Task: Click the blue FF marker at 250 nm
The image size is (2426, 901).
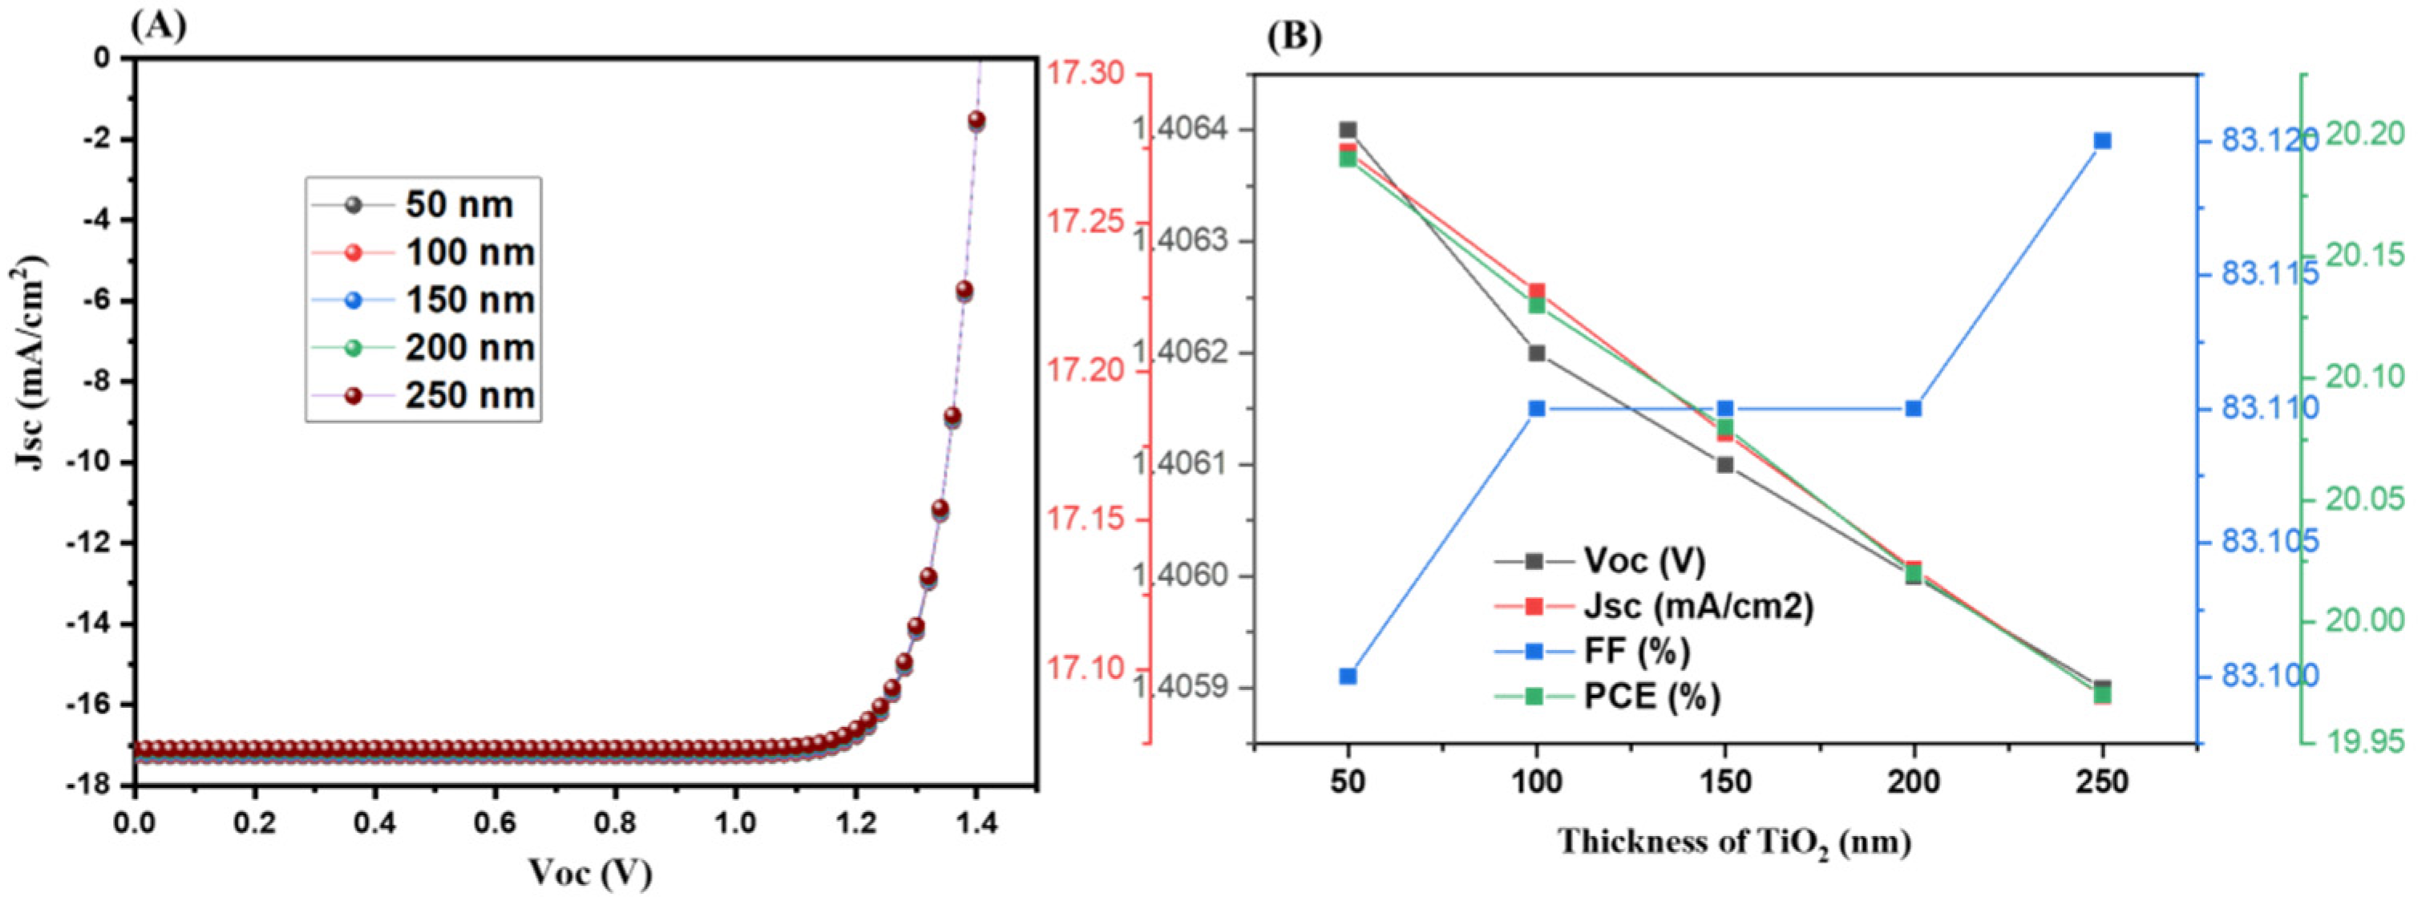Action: pos(2102,141)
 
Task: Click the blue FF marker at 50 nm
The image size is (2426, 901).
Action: pos(1348,676)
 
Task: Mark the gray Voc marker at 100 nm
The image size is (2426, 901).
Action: pos(1537,353)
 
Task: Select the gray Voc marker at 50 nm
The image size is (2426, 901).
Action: pos(1348,130)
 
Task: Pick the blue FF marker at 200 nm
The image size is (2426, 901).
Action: pos(1914,409)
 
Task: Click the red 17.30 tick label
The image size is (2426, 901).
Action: pos(1086,75)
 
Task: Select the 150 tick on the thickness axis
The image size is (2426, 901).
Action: pos(1725,782)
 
